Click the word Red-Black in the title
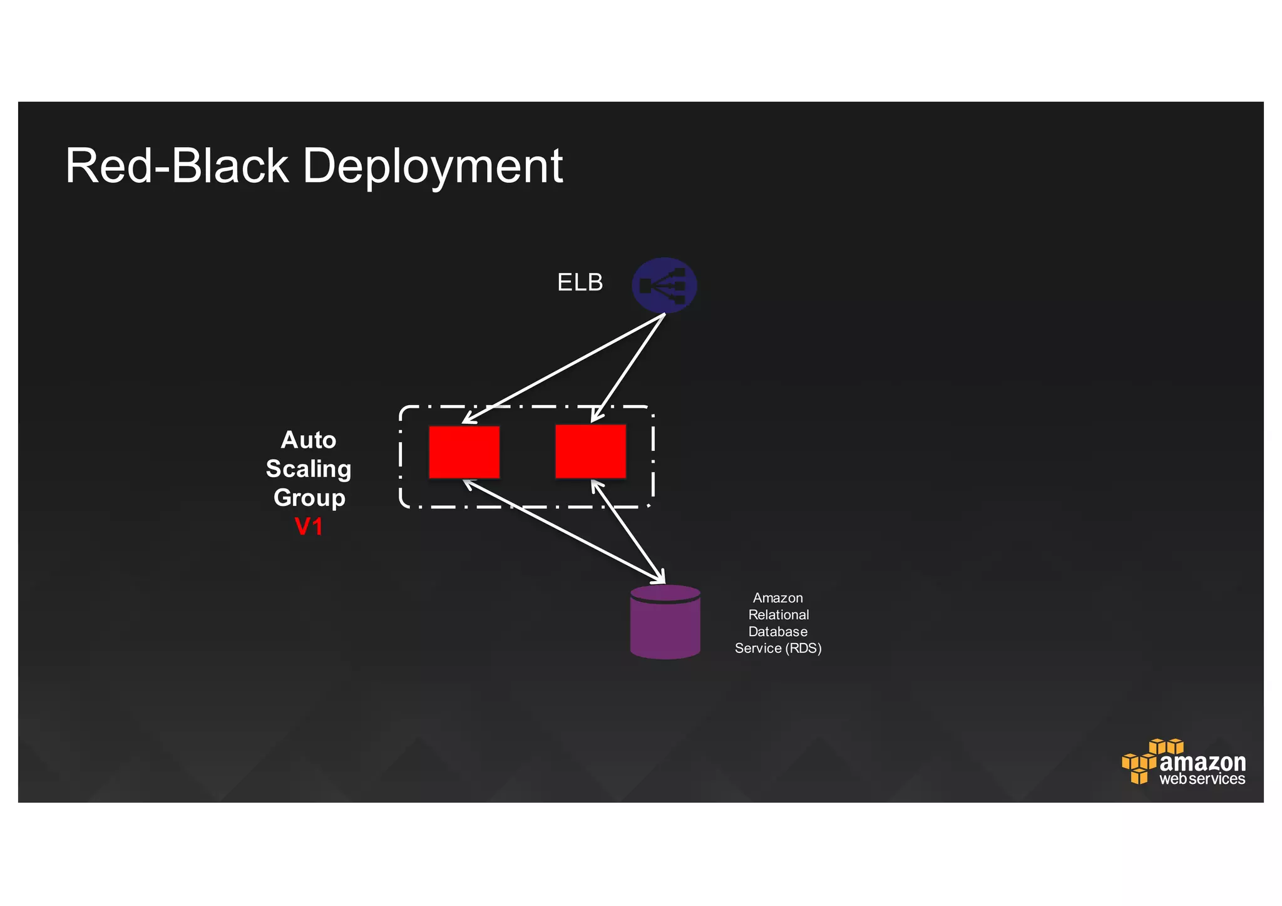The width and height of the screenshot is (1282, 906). [x=177, y=167]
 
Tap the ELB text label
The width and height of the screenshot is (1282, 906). [x=580, y=282]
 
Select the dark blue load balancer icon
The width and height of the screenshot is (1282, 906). [x=664, y=286]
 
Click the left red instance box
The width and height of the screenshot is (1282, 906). [x=464, y=452]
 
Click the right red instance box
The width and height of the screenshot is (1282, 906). [x=590, y=451]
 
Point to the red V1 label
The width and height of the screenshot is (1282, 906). [x=309, y=527]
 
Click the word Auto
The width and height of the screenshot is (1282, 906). [x=309, y=440]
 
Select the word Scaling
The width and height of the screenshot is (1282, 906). [x=309, y=469]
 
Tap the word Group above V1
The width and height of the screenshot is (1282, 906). [x=309, y=498]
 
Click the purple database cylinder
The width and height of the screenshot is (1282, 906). [x=665, y=623]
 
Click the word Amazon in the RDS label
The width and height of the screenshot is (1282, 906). [x=777, y=598]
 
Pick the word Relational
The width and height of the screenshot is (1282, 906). [x=778, y=615]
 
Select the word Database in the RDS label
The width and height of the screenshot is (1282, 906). [x=777, y=632]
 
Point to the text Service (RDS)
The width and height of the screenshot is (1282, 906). [x=777, y=649]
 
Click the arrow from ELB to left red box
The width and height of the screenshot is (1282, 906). [x=563, y=368]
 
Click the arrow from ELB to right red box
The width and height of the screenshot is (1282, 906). [x=628, y=368]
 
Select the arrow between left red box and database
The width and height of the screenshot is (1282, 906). [x=563, y=532]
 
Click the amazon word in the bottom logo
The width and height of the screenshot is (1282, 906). [x=1203, y=763]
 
